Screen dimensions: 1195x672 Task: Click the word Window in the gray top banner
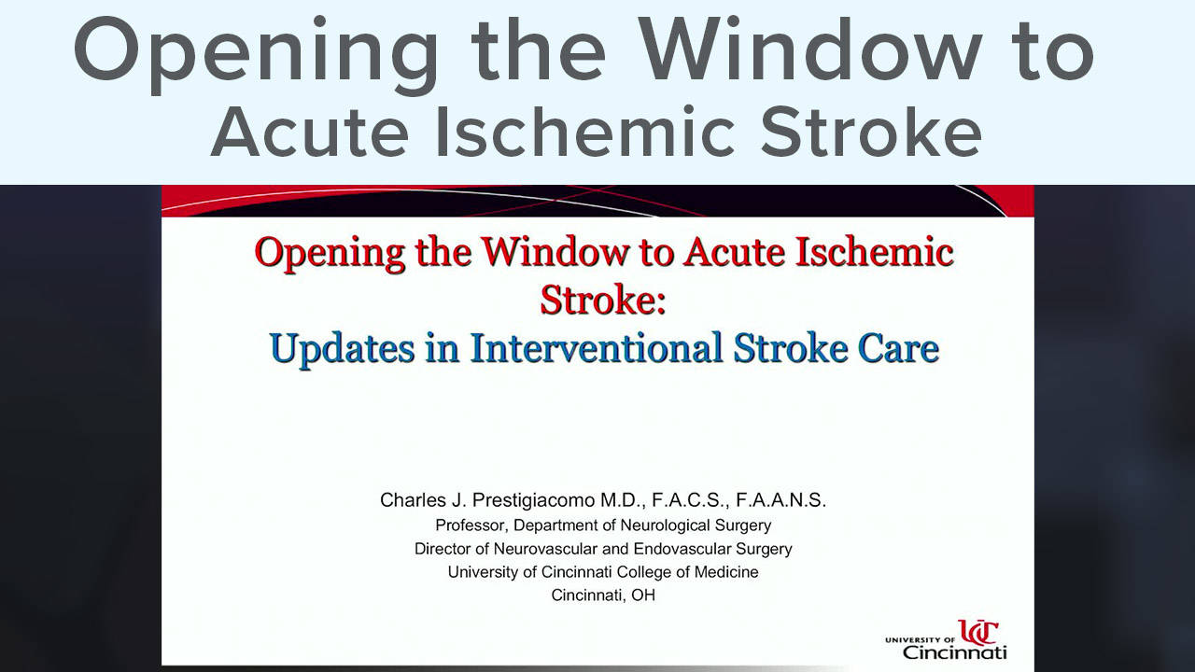click(x=809, y=49)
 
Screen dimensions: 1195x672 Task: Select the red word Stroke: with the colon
click(x=603, y=300)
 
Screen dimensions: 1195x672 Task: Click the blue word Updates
click(x=342, y=349)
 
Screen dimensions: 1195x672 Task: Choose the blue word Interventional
click(x=596, y=348)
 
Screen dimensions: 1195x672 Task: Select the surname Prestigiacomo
click(x=533, y=501)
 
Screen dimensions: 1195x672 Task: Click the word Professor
click(x=471, y=525)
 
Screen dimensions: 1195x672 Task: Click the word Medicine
click(x=726, y=572)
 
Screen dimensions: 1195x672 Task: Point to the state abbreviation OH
click(x=643, y=595)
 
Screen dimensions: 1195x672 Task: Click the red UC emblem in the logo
click(x=977, y=632)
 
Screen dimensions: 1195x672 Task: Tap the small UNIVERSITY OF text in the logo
click(x=921, y=639)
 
